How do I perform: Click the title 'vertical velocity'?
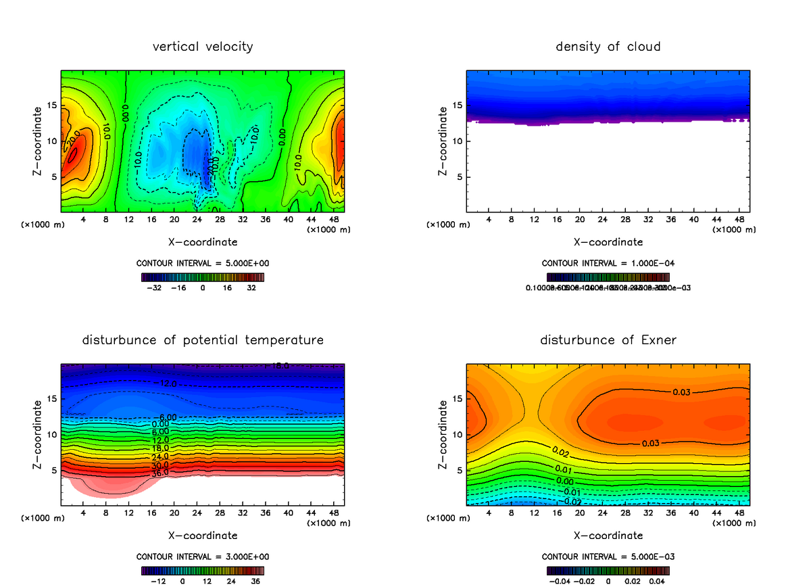(x=203, y=47)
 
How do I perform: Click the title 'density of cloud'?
(x=608, y=47)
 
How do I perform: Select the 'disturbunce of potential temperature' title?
(x=203, y=340)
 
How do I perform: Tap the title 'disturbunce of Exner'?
(x=608, y=340)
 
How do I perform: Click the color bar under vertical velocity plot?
(x=203, y=277)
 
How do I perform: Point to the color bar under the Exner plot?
(x=608, y=570)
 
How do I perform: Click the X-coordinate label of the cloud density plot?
(x=608, y=241)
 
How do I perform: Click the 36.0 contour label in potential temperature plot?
(x=159, y=473)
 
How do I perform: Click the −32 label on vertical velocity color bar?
(x=154, y=287)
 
